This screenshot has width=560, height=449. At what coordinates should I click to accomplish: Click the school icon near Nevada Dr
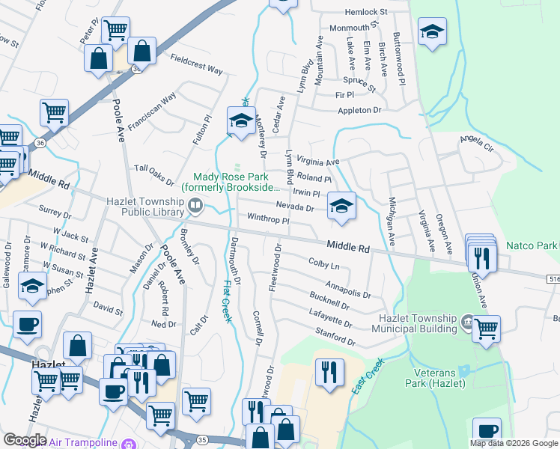click(x=341, y=206)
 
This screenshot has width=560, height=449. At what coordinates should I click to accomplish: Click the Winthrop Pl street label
click(x=268, y=220)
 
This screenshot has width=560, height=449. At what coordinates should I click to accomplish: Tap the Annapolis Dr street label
click(x=348, y=289)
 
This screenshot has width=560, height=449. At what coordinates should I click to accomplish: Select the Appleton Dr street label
click(x=359, y=110)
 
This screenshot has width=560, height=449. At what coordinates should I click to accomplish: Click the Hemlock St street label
click(x=365, y=13)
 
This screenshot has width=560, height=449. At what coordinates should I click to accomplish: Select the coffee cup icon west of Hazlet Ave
click(x=27, y=325)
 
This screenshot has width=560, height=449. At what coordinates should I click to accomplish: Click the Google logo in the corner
click(x=25, y=440)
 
